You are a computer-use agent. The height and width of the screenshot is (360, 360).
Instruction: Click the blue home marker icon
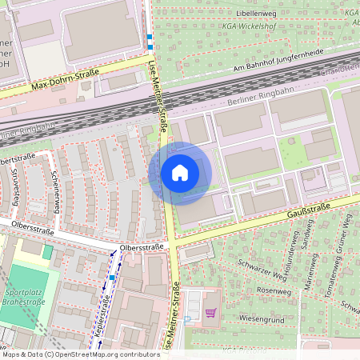(180, 173)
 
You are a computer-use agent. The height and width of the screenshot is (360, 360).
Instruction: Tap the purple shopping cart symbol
(211, 313)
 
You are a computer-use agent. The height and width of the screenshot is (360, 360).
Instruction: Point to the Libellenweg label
(258, 14)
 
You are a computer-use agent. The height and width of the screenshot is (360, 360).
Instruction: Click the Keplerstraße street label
(102, 316)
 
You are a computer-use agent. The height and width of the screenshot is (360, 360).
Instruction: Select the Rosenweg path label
(274, 290)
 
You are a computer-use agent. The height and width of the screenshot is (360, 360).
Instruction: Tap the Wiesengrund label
(262, 318)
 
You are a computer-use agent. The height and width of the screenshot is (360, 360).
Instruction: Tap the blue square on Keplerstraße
(113, 277)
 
